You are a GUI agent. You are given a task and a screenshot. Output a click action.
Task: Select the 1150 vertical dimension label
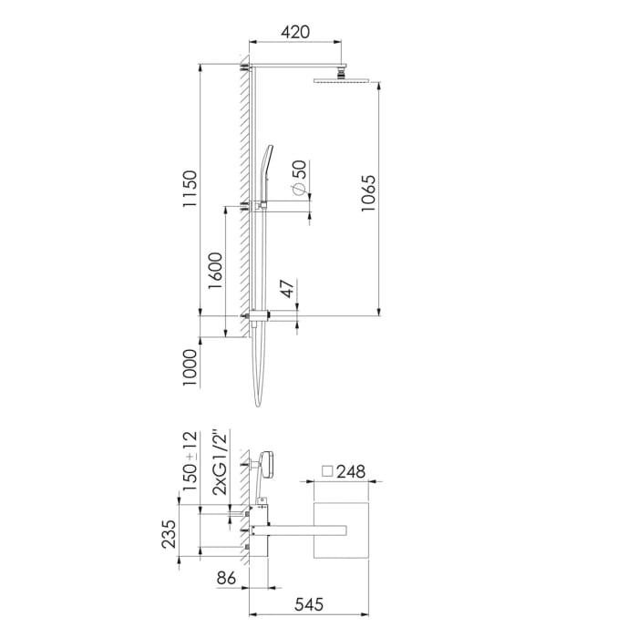pos(190,190)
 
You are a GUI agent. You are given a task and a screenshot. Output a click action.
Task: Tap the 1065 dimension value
pos(368,192)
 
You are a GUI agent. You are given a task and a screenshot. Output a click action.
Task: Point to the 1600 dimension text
pos(215,271)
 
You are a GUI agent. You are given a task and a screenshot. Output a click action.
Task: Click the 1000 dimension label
pos(190,367)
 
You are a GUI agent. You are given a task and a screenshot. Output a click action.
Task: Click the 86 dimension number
pos(227,578)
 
